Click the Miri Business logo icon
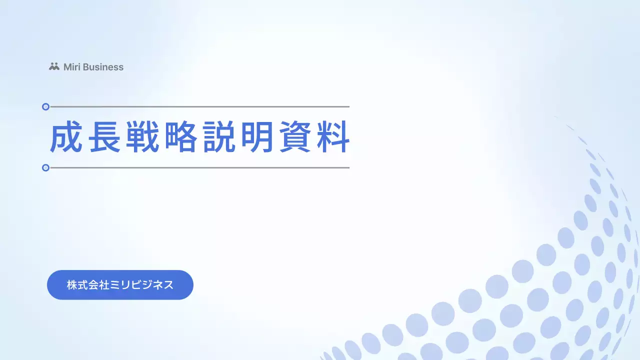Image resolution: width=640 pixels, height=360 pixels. (54, 66)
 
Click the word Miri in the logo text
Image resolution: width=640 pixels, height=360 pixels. (71, 67)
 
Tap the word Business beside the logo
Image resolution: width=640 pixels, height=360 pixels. (102, 67)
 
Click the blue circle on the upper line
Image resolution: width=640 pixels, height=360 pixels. (45, 106)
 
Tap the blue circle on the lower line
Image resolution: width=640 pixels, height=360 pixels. (45, 167)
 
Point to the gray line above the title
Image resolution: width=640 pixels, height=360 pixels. (200, 106)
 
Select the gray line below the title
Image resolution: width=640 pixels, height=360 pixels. (200, 167)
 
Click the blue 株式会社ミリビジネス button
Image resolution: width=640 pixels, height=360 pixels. (120, 285)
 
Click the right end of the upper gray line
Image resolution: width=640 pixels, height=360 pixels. (347, 106)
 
